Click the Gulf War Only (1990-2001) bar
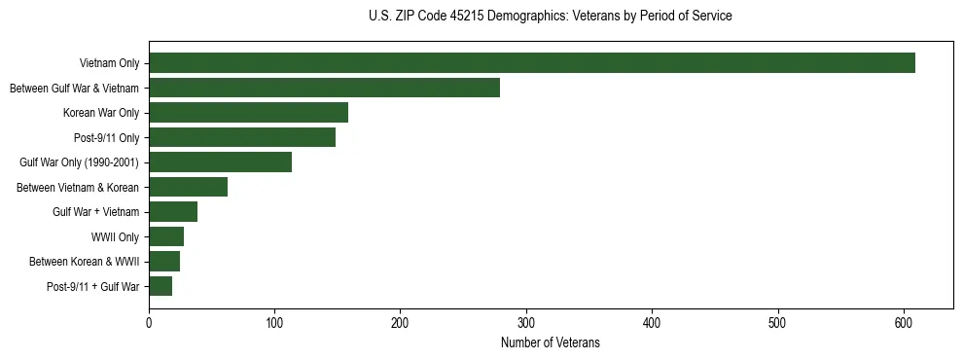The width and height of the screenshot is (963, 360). click(x=220, y=162)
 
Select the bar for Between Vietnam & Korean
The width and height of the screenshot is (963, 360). click(x=188, y=187)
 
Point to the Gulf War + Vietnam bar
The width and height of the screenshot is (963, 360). click(x=173, y=212)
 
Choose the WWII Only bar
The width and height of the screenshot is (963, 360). click(x=166, y=236)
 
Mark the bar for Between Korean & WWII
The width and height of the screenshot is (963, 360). click(x=164, y=262)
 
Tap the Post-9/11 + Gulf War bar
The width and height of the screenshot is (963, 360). click(x=160, y=286)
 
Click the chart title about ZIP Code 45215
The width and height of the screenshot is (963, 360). click(x=551, y=17)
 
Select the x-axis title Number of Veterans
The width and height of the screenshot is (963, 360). click(x=551, y=343)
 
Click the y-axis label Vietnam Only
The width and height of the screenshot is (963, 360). click(x=109, y=64)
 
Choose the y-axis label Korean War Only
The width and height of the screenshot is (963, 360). click(x=101, y=114)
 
